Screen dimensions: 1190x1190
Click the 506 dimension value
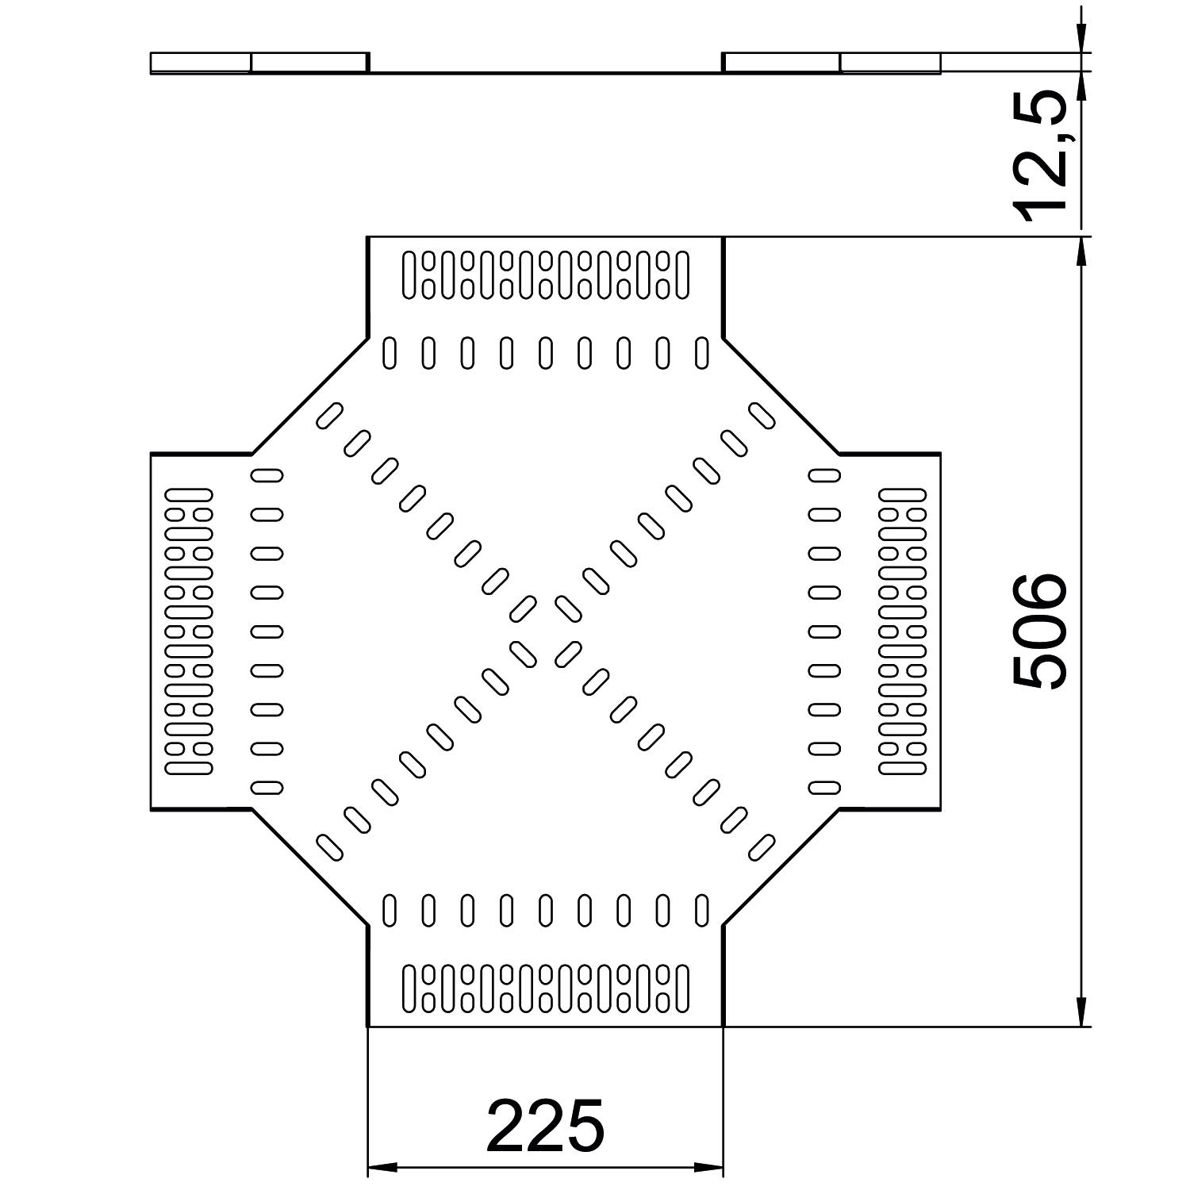tap(1041, 631)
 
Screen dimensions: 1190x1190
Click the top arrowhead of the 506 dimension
tap(1081, 250)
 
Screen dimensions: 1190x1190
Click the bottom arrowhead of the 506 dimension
tap(1081, 1013)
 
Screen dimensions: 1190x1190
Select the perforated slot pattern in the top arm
tap(545, 275)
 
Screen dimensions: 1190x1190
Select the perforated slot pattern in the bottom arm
tap(545, 988)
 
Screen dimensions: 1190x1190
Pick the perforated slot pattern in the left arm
tap(189, 631)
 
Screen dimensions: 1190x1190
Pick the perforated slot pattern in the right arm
tap(903, 631)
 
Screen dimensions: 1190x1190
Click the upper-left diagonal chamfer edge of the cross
tap(309, 397)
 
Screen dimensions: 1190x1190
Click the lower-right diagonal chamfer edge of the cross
tap(781, 867)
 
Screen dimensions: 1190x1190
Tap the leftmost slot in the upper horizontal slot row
tap(389, 353)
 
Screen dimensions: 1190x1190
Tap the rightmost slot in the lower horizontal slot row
tap(701, 910)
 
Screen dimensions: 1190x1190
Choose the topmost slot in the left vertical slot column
tap(267, 475)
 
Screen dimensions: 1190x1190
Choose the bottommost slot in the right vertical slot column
tap(824, 787)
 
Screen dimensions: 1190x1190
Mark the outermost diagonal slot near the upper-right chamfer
tap(762, 415)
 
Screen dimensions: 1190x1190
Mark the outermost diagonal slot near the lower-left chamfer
tap(329, 847)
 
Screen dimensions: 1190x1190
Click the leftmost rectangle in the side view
tap(200, 62)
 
